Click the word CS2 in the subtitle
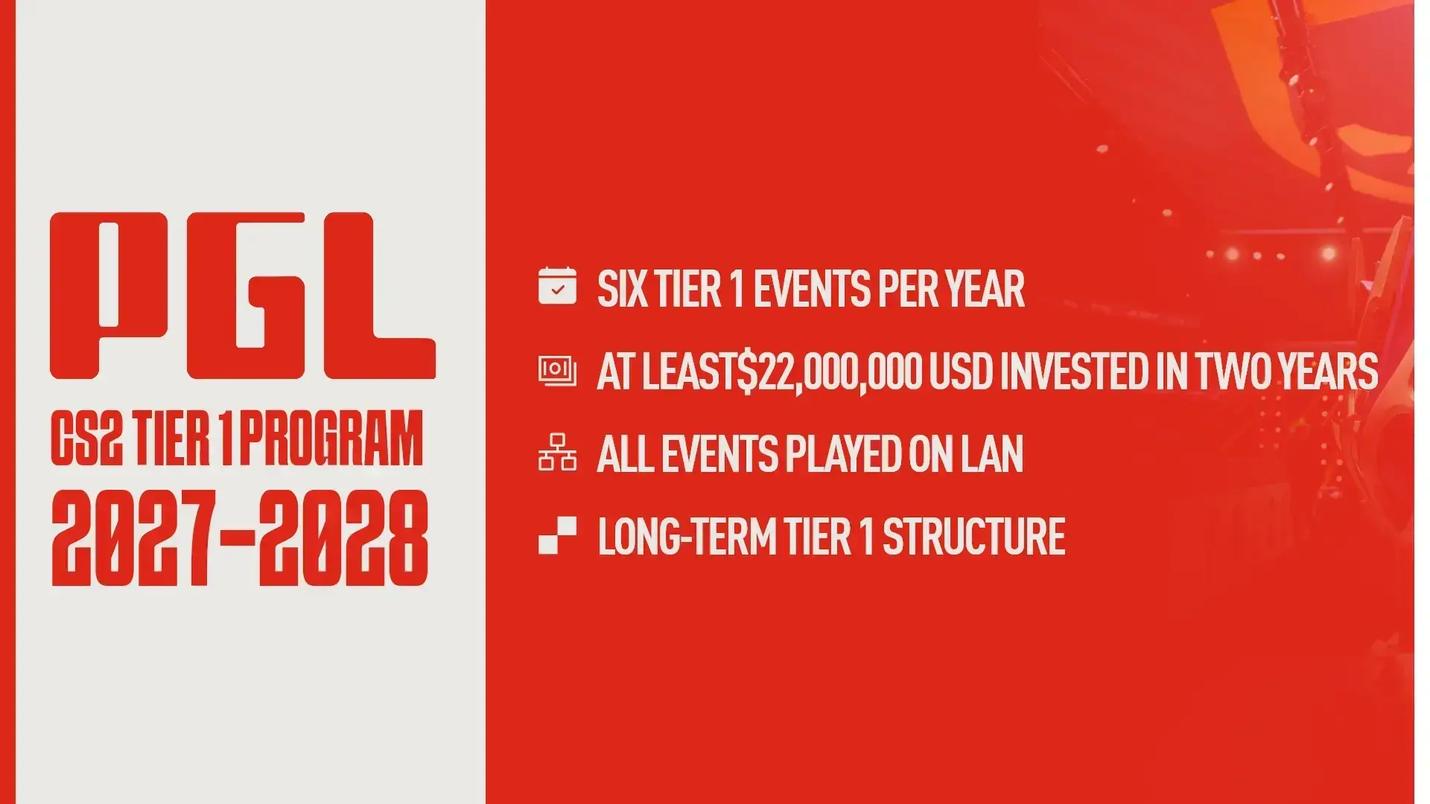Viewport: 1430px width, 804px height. coord(86,438)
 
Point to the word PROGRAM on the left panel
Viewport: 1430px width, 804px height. coord(331,438)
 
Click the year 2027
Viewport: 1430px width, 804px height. coord(134,538)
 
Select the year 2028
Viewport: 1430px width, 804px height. coord(344,538)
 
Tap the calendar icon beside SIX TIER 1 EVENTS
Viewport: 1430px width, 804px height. coord(557,287)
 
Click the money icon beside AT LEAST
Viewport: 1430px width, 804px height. coord(557,370)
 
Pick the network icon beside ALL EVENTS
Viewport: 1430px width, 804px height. coord(557,453)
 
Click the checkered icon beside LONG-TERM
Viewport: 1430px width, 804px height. coord(557,535)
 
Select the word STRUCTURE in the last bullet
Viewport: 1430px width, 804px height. coord(973,537)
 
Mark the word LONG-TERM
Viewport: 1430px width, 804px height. coord(687,537)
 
